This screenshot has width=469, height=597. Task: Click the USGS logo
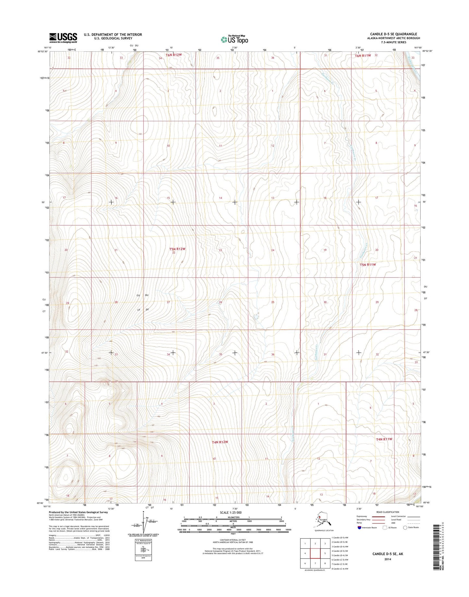[63, 38]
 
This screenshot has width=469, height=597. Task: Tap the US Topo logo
[234, 39]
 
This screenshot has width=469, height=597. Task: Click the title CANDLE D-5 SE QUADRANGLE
[393, 34]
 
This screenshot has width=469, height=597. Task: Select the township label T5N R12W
[177, 249]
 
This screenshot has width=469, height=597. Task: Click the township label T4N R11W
[384, 439]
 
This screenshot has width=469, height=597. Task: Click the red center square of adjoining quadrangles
[315, 553]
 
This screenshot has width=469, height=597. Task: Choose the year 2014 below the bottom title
[388, 559]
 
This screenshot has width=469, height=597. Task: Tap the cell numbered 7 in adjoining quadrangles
[315, 563]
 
